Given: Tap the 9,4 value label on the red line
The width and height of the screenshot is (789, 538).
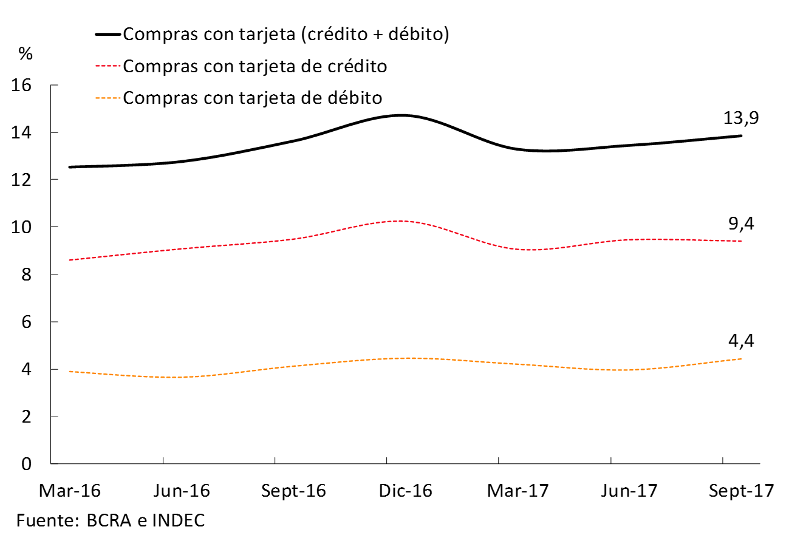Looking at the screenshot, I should click(742, 223).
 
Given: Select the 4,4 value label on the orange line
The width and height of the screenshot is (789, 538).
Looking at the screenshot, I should click(742, 341).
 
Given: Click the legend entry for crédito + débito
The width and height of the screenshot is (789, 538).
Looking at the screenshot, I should click(285, 34).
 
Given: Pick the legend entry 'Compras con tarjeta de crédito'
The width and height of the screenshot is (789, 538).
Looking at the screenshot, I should click(254, 66).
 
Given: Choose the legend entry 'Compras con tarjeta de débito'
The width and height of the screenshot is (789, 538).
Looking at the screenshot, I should click(252, 97).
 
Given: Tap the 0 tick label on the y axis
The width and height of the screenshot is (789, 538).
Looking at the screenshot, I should click(27, 464).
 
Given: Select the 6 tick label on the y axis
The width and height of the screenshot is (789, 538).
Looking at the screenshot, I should click(27, 322).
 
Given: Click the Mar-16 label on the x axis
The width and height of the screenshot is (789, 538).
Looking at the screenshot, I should click(69, 491).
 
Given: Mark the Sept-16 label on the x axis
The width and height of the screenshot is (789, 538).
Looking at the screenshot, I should click(293, 491).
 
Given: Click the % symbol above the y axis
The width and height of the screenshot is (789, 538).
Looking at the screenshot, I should click(26, 53).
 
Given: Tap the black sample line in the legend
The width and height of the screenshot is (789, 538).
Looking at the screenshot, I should click(108, 35).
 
